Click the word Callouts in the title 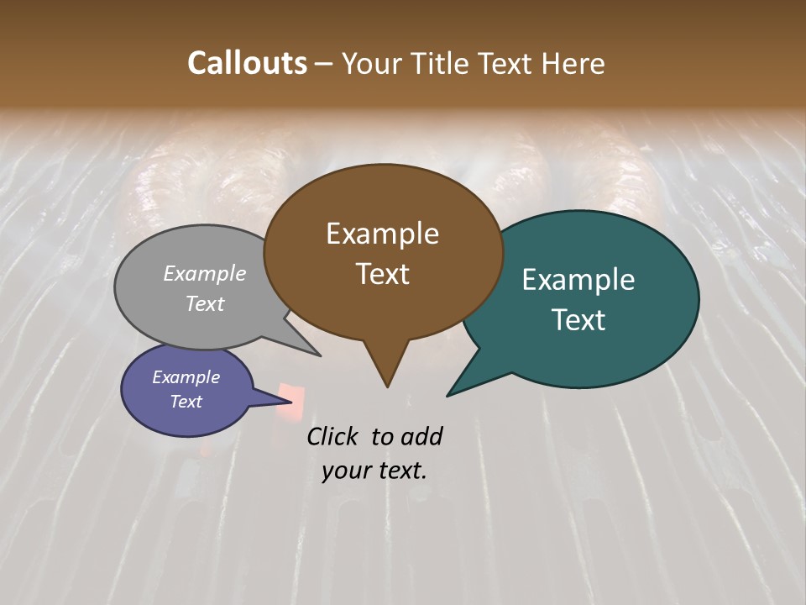point(247,63)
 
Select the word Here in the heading point(575,63)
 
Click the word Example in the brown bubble point(382,234)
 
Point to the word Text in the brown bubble point(382,274)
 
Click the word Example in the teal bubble point(578,280)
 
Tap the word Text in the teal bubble point(578,320)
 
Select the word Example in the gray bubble point(205,273)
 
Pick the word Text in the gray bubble point(205,303)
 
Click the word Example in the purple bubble point(186,377)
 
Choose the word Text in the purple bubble point(186,402)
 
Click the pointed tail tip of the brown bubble point(387,387)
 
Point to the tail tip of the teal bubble point(447,395)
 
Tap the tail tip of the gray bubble point(320,355)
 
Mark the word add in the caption point(421,436)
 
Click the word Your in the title point(371,63)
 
